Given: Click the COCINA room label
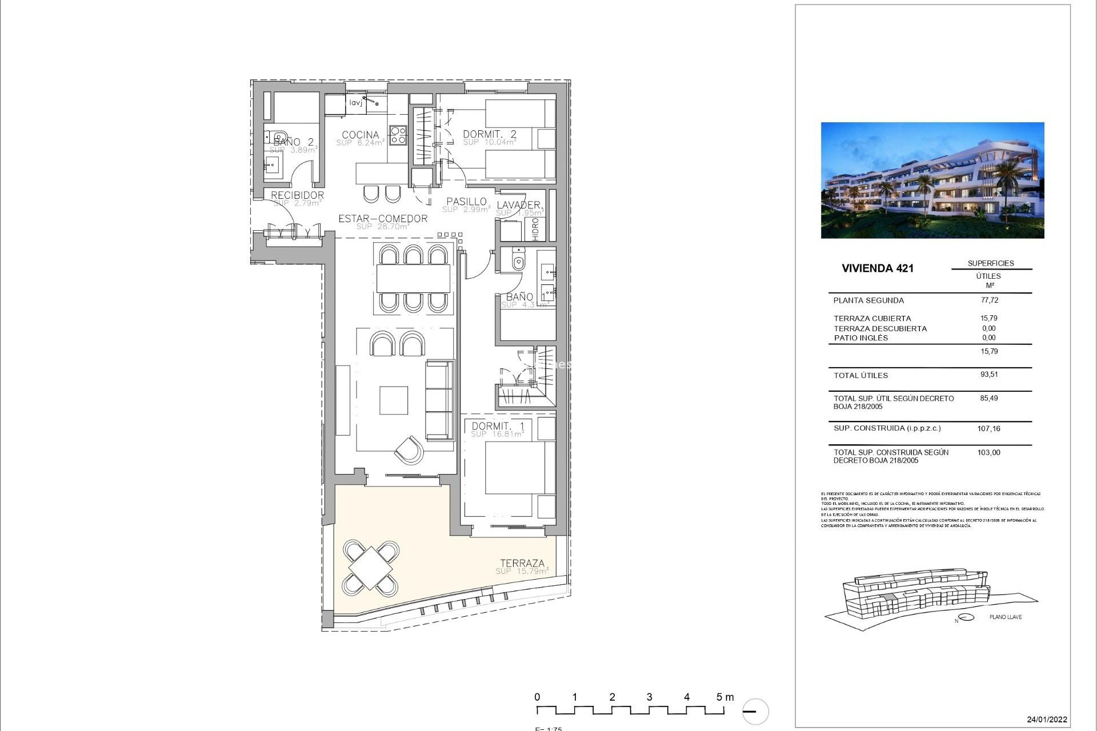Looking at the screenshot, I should (360, 135).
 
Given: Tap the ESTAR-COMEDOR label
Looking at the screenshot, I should (383, 219).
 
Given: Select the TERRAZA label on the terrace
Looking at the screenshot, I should (522, 563).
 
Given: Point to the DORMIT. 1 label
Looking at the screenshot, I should (498, 426).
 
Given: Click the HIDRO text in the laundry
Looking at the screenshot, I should (535, 229).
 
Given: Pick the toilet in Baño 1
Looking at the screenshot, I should (518, 262).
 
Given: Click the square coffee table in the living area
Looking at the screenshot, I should (394, 400).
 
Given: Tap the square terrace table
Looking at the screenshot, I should (370, 568).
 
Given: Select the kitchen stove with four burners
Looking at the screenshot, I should (398, 135).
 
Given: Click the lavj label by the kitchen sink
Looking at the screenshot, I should (356, 103).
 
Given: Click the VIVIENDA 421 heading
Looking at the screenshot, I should (878, 268).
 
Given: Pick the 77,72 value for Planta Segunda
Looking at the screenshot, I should (989, 300).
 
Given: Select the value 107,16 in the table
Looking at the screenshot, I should (988, 428).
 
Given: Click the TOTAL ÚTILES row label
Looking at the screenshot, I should (860, 375).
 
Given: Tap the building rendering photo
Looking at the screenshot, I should (932, 180).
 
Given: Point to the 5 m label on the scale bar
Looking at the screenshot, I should (724, 697).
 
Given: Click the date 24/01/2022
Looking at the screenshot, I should (1047, 720).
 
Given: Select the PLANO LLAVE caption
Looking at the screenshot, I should (1006, 617).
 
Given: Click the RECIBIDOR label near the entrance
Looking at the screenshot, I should (297, 195).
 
